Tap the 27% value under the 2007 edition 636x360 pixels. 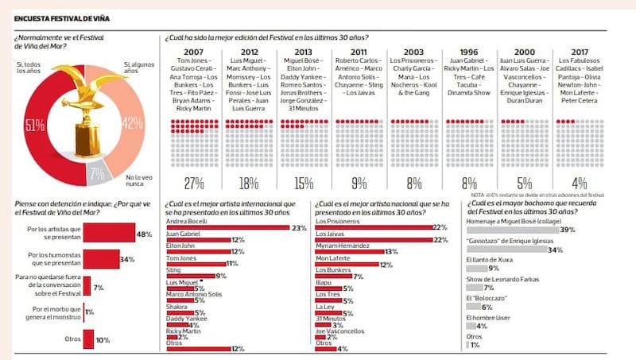point(193,184)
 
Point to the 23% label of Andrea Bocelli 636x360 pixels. point(300,229)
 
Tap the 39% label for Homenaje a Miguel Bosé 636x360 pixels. point(568,229)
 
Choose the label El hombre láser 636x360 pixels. point(487,317)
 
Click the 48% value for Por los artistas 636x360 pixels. point(144,234)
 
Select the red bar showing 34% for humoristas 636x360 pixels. point(102,260)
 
